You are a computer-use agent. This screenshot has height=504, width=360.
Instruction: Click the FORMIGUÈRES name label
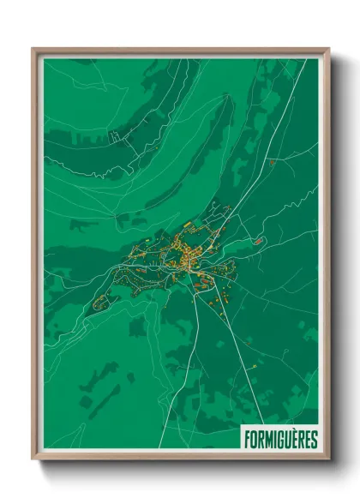[x=279, y=440]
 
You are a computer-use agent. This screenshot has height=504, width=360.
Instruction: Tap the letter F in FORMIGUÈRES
[x=247, y=440]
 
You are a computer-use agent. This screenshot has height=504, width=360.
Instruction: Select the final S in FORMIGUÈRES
[x=314, y=440]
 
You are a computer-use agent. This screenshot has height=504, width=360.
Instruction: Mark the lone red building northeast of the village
[x=272, y=161]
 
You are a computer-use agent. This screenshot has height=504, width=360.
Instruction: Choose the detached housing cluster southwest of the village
[x=100, y=301]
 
